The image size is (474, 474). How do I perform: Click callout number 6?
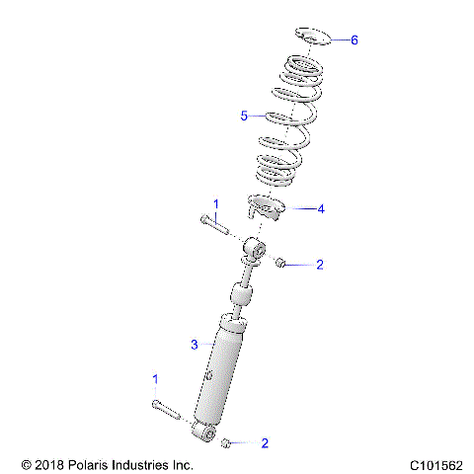(355, 40)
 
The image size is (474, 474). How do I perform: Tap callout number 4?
(320, 209)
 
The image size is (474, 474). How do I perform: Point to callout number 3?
(195, 344)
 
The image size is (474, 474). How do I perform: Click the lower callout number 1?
(154, 378)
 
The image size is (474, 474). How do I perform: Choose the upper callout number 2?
(319, 264)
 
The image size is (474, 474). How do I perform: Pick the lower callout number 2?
(265, 443)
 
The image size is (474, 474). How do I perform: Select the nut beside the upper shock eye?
(279, 263)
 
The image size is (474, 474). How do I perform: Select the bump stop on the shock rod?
(240, 296)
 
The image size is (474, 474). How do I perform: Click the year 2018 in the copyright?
(45, 464)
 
